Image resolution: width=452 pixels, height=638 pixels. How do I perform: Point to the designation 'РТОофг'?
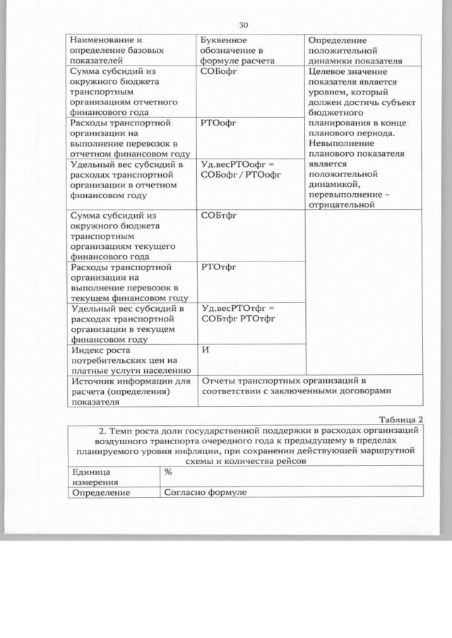pyautogui.click(x=218, y=123)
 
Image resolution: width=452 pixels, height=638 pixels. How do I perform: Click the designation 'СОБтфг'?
pyautogui.click(x=218, y=216)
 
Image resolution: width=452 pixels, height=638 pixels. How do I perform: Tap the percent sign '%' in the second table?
pyautogui.click(x=169, y=472)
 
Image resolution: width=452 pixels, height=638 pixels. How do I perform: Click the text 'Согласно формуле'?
pyautogui.click(x=205, y=492)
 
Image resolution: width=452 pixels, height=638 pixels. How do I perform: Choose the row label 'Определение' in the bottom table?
pyautogui.click(x=100, y=492)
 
